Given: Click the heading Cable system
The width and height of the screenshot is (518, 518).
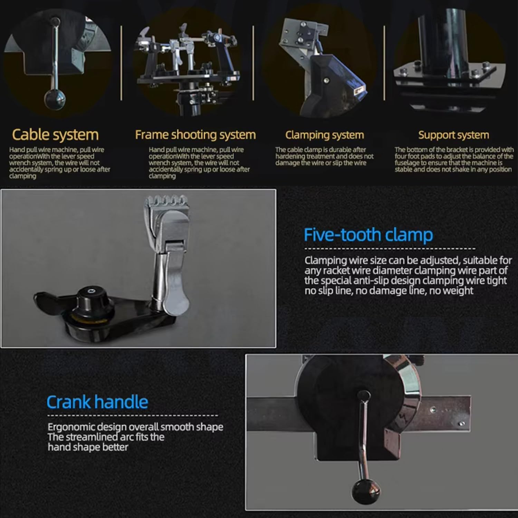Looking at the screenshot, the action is [55, 135].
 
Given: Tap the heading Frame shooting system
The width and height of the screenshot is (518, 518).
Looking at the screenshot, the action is [195, 135].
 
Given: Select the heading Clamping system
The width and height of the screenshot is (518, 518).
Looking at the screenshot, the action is [325, 135].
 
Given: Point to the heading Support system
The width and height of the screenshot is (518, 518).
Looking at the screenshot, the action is [454, 135].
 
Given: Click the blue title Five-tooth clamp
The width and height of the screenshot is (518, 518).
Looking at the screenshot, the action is [368, 235].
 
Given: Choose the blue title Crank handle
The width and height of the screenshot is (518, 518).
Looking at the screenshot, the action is [97, 402].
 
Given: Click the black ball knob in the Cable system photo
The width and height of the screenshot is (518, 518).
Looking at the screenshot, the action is [55, 99].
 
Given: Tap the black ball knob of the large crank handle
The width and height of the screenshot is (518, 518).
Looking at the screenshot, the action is [366, 491].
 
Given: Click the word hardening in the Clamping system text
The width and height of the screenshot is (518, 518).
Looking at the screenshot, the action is [290, 156].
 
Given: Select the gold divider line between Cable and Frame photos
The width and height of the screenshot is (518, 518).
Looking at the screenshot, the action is [122, 63].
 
